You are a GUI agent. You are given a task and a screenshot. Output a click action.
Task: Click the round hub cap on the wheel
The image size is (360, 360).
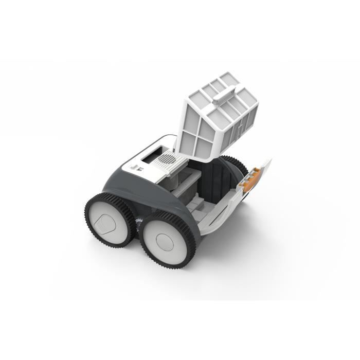point(164,240)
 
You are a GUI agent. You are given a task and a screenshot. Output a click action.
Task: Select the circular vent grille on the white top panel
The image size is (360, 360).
point(166,161)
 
